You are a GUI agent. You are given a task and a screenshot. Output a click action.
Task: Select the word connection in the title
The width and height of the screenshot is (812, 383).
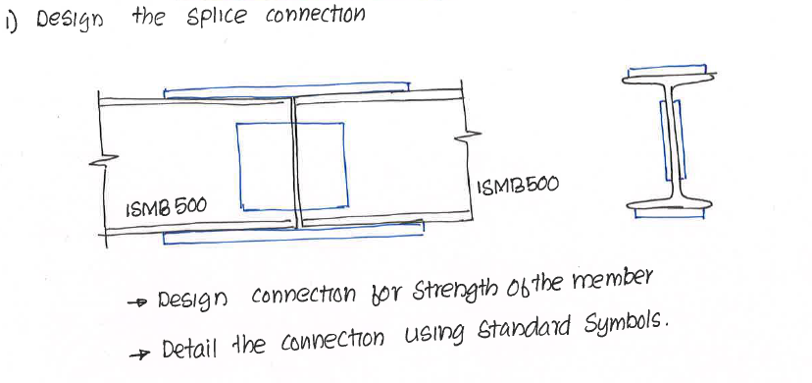(x=315, y=17)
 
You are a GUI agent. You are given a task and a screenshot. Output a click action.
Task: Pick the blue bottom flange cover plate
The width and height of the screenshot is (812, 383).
(x=294, y=236)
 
